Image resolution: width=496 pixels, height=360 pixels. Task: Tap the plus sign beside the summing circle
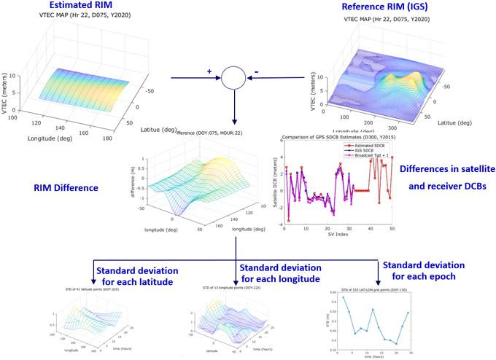point(209,71)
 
